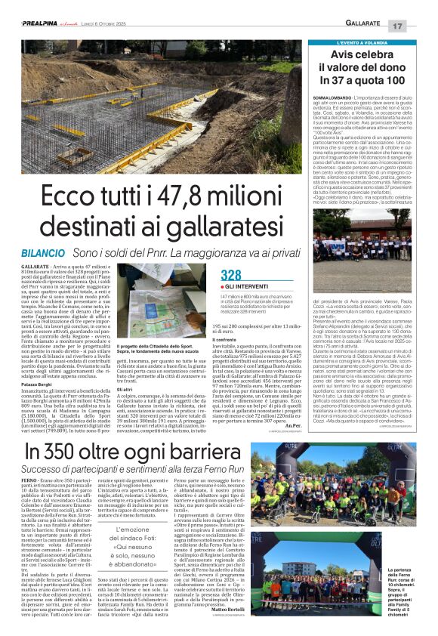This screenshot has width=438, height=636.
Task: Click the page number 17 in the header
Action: (417, 26)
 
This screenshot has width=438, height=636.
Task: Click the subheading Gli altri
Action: (139, 389)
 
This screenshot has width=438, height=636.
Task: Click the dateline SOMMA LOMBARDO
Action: (331, 97)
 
